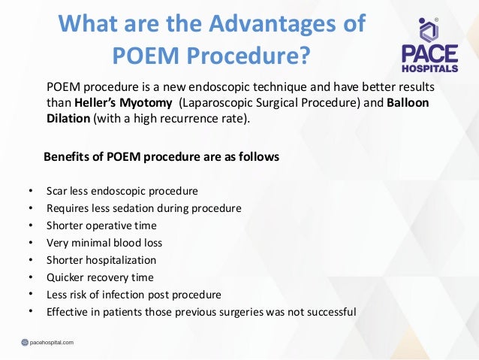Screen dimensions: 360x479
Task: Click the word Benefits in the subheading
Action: click(68, 157)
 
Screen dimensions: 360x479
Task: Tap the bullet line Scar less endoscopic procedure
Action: click(122, 191)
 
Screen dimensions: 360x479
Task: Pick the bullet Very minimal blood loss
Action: click(104, 243)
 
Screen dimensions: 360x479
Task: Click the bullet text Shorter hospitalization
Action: click(101, 260)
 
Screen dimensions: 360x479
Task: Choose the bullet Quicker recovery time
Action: click(100, 277)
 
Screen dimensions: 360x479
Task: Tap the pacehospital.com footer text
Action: click(52, 342)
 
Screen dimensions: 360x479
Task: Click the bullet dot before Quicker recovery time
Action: click(29, 277)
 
